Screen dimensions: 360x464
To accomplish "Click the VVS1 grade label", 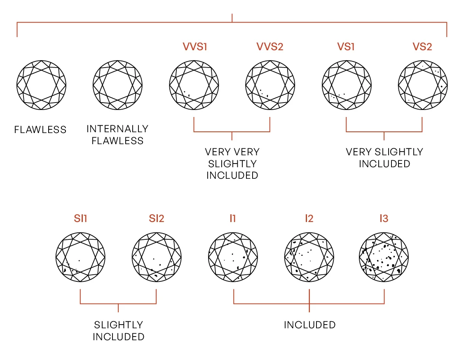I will [x=195, y=47].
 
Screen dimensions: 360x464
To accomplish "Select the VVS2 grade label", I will [x=270, y=47].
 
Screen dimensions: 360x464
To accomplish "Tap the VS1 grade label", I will [x=346, y=47].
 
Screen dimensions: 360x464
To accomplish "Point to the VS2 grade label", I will [x=422, y=47].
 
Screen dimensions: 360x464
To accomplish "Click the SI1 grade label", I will [x=81, y=218].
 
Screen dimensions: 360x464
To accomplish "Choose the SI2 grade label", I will [x=157, y=218].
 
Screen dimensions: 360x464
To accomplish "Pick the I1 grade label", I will [x=233, y=218].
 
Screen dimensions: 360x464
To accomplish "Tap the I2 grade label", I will [x=309, y=218].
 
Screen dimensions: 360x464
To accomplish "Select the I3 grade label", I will [x=384, y=218].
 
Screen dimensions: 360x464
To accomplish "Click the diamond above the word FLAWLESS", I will [x=41, y=85].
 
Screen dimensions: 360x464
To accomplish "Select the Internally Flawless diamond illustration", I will [x=117, y=85].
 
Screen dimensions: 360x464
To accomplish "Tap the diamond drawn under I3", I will [x=384, y=257].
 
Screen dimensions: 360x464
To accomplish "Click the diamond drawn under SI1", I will [x=81, y=257].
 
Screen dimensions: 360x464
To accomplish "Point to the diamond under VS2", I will [x=423, y=85].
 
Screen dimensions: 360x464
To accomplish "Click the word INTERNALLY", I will [x=117, y=129].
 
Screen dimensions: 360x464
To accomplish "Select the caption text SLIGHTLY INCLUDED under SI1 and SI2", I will [x=118, y=331].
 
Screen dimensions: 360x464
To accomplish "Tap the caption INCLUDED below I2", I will [x=309, y=325].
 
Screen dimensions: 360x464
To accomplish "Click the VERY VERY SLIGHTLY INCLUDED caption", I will [x=232, y=164].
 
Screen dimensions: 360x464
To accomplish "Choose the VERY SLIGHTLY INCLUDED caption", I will [x=384, y=158].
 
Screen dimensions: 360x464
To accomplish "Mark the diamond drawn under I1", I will [x=233, y=257].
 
